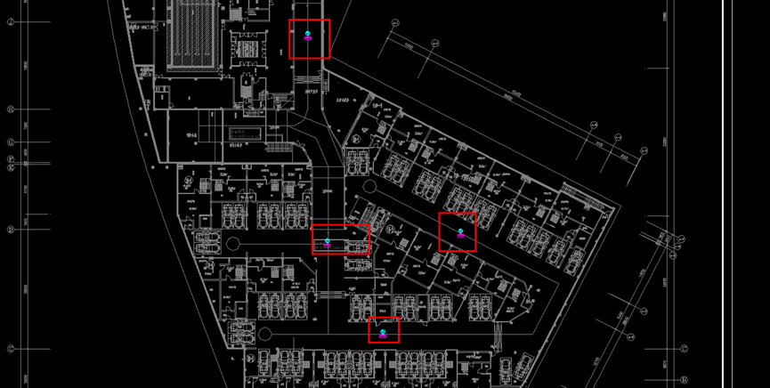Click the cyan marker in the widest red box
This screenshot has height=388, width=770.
pyautogui.click(x=328, y=240)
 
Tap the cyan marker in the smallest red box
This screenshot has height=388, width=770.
pyautogui.click(x=383, y=331)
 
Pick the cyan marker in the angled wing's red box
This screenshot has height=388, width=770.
pyautogui.click(x=460, y=231)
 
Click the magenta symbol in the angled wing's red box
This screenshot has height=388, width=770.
pyautogui.click(x=460, y=236)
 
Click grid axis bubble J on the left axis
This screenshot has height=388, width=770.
pyautogui.click(x=11, y=20)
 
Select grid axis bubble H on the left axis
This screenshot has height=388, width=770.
pyautogui.click(x=11, y=109)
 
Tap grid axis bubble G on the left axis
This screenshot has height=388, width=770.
pyautogui.click(x=11, y=142)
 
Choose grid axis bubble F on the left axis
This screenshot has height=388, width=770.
pyautogui.click(x=11, y=159)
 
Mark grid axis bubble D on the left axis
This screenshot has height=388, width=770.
pyautogui.click(x=11, y=230)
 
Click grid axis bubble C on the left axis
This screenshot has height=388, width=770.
pyautogui.click(x=11, y=349)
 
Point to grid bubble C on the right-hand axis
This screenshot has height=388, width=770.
pyautogui.click(x=684, y=348)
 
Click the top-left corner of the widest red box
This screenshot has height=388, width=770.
pyautogui.click(x=312, y=225)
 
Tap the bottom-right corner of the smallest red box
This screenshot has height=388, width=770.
pyautogui.click(x=399, y=342)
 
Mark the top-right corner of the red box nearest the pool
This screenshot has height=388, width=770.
pyautogui.click(x=329, y=20)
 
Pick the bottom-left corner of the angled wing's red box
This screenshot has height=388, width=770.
pyautogui.click(x=439, y=251)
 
